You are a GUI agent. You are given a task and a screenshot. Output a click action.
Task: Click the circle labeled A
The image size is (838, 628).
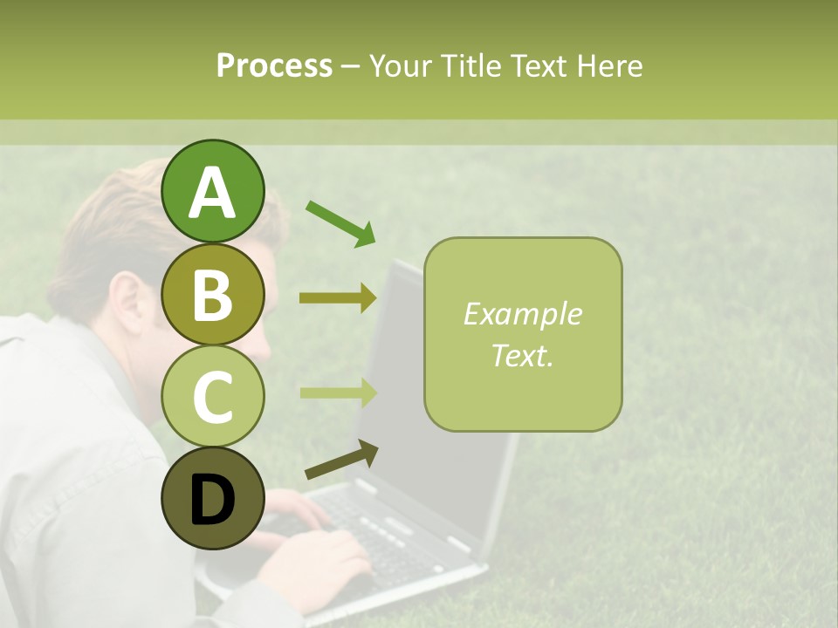tap(213, 192)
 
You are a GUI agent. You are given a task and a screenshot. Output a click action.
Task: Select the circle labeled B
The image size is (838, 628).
tap(213, 294)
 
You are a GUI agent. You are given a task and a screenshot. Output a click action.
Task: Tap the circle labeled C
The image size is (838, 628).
tap(213, 396)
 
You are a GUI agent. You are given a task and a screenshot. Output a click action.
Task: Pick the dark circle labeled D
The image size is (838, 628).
tap(213, 498)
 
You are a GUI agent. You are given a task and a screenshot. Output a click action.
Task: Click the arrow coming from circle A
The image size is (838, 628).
tap(340, 223)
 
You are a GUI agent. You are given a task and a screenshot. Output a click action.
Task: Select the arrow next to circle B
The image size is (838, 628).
tap(338, 298)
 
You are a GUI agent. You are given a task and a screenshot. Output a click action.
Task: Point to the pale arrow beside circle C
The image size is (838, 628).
tap(338, 392)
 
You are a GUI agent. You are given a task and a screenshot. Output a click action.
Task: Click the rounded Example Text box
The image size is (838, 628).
tap(523, 335)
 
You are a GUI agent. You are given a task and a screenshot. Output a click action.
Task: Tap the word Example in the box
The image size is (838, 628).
tap(523, 314)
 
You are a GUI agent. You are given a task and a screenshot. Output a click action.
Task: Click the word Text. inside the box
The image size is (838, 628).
tap(523, 355)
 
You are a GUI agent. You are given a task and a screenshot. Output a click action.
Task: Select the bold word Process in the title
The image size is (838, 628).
tap(274, 65)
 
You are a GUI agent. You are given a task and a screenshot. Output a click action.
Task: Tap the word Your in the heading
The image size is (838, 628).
tap(400, 65)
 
